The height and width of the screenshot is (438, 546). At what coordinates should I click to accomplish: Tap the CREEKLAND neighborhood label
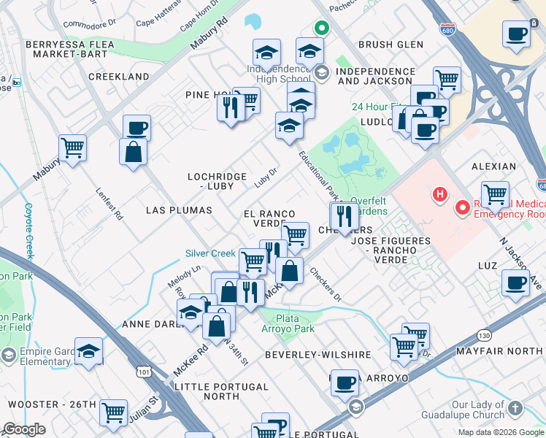point(118,77)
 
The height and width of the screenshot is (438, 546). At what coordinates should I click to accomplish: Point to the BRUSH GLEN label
point(391,45)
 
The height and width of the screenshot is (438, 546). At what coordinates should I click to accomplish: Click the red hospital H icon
point(439,194)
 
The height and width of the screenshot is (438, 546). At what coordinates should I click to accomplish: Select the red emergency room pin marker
point(462,208)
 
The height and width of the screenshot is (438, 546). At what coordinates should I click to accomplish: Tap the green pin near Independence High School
point(320,29)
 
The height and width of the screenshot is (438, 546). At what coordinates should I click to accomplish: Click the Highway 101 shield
point(143,372)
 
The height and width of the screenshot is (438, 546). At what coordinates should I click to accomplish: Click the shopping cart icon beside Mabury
point(72,147)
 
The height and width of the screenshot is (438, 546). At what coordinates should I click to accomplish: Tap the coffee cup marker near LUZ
point(515,283)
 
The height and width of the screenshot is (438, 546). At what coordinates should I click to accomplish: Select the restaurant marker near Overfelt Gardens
point(343,215)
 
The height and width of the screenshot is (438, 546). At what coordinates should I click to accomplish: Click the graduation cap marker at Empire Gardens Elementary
point(89,353)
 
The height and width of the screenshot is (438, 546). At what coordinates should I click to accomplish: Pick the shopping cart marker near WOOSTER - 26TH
point(113,412)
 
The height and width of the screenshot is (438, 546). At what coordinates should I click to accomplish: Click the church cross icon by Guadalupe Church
point(515,409)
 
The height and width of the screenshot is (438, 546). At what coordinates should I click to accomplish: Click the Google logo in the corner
point(24,429)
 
